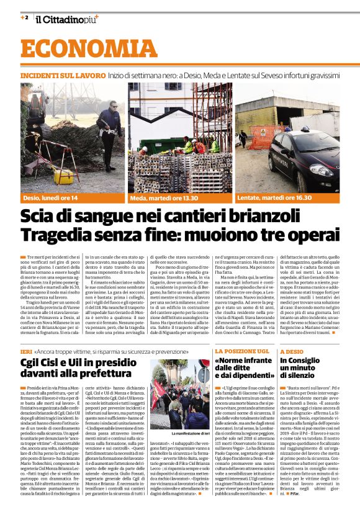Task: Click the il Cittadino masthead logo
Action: (67, 19)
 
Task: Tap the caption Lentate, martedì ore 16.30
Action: (274, 198)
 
